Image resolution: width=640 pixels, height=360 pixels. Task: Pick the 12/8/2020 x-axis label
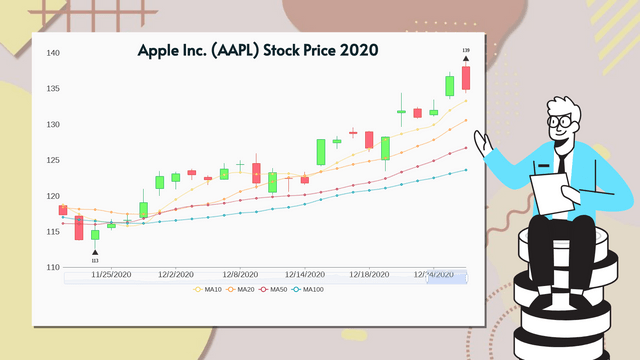(x=240, y=273)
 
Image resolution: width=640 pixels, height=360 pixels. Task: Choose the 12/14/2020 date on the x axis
(x=304, y=273)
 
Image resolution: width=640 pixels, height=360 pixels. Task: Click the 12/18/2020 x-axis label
(x=369, y=273)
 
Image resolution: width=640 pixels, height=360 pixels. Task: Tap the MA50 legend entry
(x=277, y=290)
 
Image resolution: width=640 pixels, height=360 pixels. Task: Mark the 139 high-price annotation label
(x=465, y=49)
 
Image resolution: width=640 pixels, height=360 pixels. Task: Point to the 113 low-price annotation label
(x=95, y=260)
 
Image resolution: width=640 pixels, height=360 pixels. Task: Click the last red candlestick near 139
(x=465, y=78)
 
